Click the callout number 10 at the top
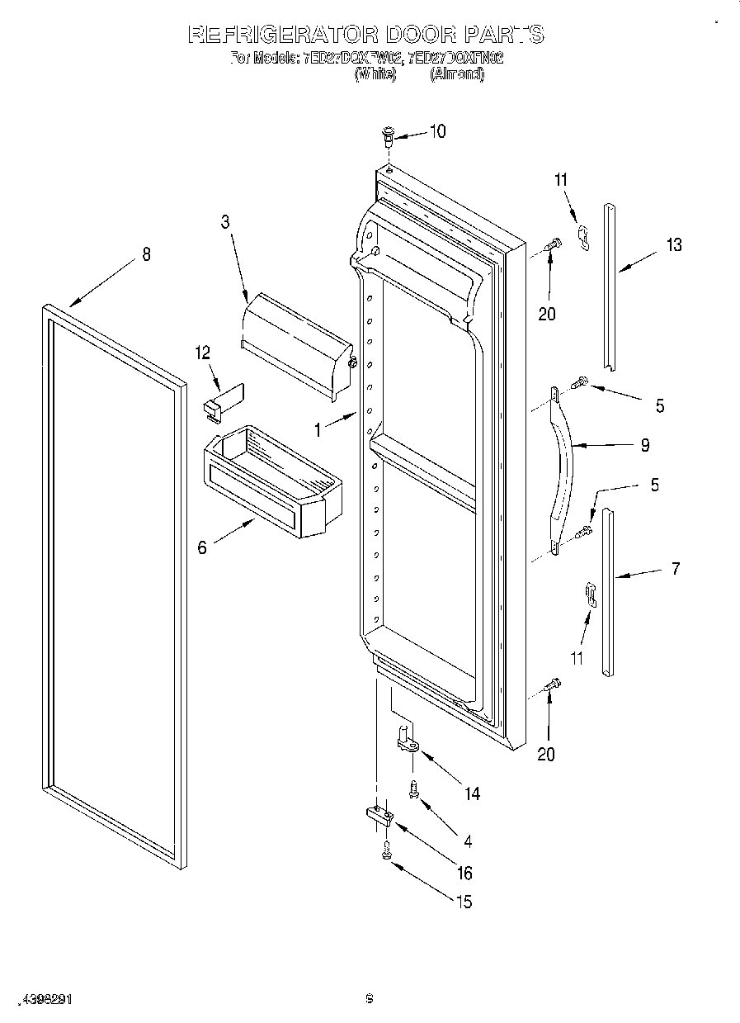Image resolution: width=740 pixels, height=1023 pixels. click(437, 131)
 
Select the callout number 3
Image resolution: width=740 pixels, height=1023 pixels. click(224, 221)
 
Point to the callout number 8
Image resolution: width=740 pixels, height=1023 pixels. click(147, 254)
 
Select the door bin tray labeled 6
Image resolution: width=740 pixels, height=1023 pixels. click(272, 482)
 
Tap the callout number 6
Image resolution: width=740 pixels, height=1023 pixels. click(203, 547)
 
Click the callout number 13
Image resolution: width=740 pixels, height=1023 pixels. click(674, 244)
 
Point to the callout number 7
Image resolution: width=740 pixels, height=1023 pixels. click(675, 569)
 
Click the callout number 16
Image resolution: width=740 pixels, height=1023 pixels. click(465, 873)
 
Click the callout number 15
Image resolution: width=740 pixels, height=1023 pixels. click(464, 902)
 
